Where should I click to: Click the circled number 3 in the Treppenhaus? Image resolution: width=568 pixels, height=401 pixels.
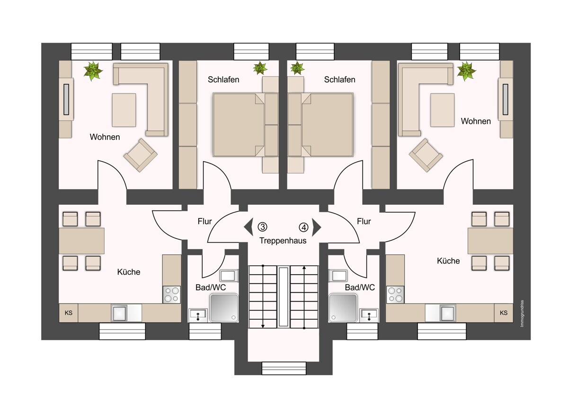point(262,227)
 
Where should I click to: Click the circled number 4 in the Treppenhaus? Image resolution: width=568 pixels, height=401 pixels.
point(303,227)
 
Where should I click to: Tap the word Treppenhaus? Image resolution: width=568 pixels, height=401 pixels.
point(283,240)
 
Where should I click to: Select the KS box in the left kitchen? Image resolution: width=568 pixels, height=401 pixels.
point(69,313)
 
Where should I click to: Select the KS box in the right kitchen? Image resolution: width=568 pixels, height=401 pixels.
point(504,313)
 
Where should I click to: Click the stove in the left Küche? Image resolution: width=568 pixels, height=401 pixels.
point(171,295)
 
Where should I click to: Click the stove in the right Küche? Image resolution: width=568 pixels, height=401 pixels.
point(395,295)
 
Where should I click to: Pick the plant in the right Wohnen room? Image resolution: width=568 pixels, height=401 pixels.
point(466,71)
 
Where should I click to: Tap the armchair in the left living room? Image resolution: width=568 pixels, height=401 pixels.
point(140,155)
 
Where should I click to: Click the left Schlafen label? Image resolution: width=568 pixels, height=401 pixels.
point(223,79)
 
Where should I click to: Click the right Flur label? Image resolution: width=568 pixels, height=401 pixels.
point(364,221)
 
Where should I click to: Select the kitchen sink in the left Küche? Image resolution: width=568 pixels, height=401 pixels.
point(119,313)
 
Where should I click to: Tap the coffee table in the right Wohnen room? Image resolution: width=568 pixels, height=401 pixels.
point(442,110)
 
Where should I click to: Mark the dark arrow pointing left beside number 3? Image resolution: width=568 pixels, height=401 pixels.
point(248,227)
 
